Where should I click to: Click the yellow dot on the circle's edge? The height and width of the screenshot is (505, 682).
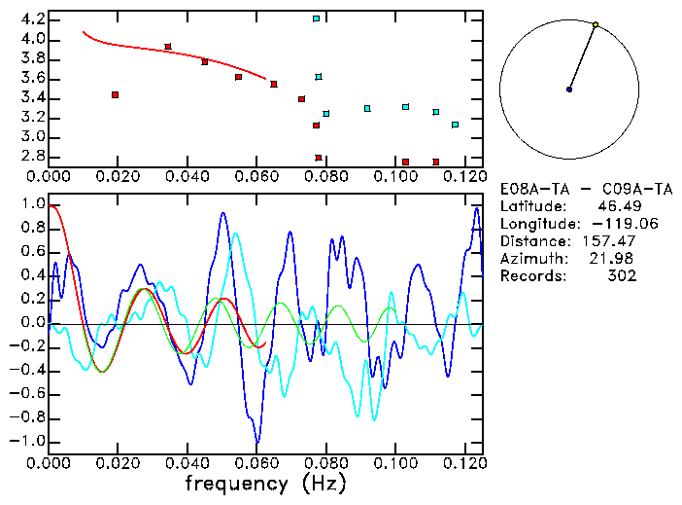click(595, 24)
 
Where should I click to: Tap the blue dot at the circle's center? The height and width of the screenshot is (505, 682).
click(569, 90)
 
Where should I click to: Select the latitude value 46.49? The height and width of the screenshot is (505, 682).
click(616, 206)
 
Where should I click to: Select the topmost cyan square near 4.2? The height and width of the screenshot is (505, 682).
click(316, 18)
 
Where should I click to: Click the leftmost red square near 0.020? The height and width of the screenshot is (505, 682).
click(115, 94)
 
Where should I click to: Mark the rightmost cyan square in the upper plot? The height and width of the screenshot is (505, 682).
click(455, 125)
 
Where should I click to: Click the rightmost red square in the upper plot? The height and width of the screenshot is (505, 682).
click(436, 162)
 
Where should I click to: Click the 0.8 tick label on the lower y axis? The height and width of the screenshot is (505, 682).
click(31, 229)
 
